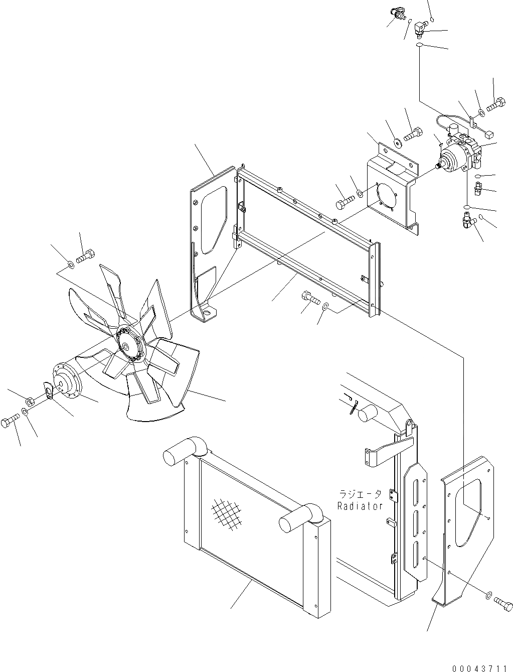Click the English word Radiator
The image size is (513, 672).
360,506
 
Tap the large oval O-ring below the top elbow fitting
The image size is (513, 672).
419,46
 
